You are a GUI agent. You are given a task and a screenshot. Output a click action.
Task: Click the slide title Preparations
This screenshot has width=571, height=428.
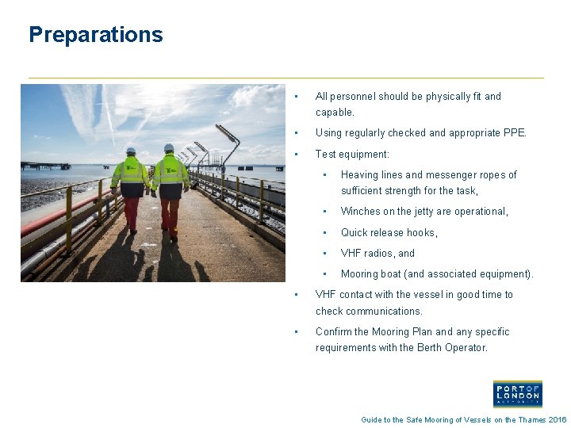coord(95,35)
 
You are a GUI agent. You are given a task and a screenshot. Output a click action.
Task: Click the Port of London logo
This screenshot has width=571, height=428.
coord(517,394)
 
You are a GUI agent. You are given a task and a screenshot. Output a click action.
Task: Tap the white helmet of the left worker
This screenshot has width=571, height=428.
coord(131,150)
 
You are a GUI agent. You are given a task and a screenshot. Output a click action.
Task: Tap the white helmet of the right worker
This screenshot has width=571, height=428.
coord(169,147)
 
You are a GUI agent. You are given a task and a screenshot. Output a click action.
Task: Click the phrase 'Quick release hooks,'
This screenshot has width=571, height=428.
coord(389,233)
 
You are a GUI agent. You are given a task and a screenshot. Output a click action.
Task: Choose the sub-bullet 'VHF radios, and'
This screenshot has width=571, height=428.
coord(377,254)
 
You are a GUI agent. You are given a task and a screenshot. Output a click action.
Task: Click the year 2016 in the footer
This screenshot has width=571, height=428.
coord(558,420)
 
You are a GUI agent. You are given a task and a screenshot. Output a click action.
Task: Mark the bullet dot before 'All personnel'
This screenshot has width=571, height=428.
coord(295,97)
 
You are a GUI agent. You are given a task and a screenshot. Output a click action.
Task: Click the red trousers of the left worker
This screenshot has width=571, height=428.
coord(132,212)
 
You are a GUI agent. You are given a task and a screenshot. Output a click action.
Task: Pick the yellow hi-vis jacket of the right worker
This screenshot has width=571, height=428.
coord(170,174)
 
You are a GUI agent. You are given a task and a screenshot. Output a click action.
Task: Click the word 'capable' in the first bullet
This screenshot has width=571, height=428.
coord(333,113)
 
